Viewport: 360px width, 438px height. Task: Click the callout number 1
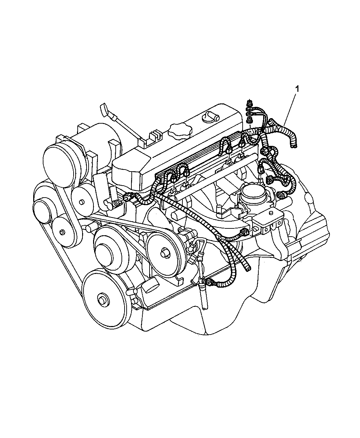click(297, 89)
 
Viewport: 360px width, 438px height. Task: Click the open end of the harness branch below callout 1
click(293, 147)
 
